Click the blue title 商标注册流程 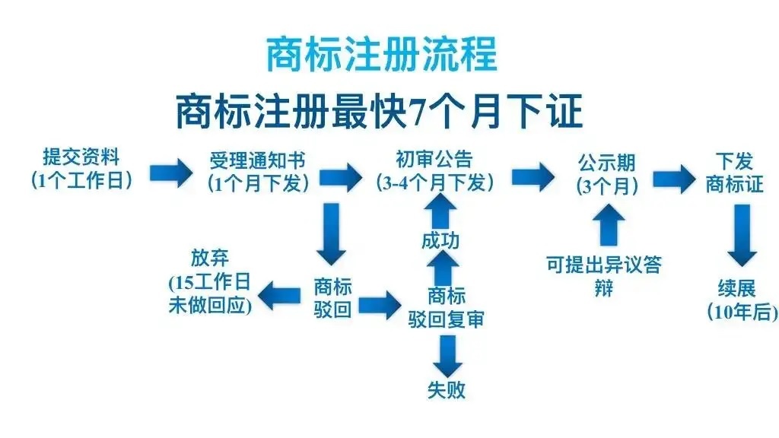pyautogui.click(x=381, y=54)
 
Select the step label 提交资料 pyautogui.click(x=81, y=157)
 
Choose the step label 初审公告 pyautogui.click(x=434, y=159)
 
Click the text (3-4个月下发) pyautogui.click(x=434, y=182)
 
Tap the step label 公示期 pyautogui.click(x=606, y=163)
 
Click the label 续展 pyautogui.click(x=736, y=289)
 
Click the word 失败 pyautogui.click(x=446, y=391)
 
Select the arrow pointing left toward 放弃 pyautogui.click(x=281, y=291)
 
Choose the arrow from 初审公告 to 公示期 pyautogui.click(x=533, y=176)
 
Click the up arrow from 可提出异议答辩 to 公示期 pyautogui.click(x=606, y=224)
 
